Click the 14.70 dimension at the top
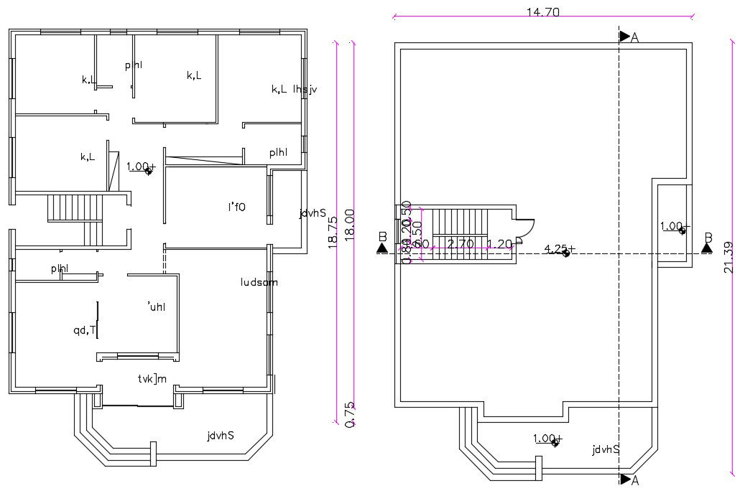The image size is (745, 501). click(x=542, y=11)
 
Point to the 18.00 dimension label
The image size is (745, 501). click(x=350, y=225)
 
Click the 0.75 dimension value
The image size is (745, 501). click(x=350, y=414)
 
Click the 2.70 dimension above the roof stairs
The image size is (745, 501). click(x=460, y=244)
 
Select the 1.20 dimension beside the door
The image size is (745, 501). click(x=499, y=244)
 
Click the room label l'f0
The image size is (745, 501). click(x=236, y=207)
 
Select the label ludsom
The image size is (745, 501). click(x=259, y=282)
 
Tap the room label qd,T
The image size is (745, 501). click(x=84, y=330)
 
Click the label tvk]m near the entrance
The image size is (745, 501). click(x=152, y=378)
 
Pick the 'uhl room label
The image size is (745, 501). click(x=156, y=306)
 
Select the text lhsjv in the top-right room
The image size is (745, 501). click(x=305, y=89)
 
